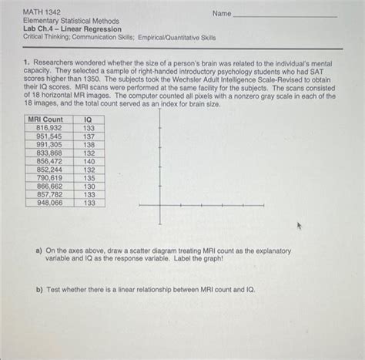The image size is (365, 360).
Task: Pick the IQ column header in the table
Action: pos(89,119)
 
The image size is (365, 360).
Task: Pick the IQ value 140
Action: pos(89,161)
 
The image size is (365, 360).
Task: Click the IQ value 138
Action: pos(89,144)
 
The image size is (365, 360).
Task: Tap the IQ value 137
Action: pos(89,136)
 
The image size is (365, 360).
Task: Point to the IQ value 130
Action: pos(89,186)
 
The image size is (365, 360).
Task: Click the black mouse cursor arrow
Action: pos(300,227)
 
